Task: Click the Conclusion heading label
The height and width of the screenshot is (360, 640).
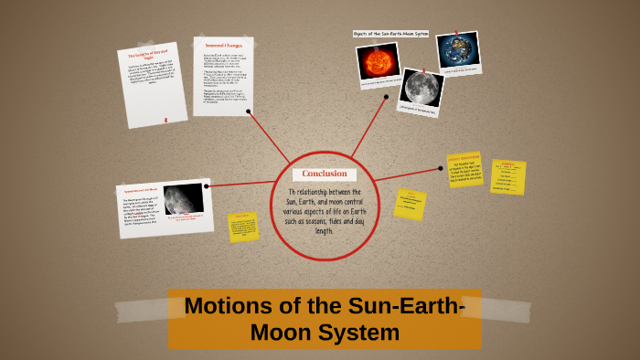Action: tap(325, 174)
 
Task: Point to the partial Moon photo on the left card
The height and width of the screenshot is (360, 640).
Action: tap(183, 198)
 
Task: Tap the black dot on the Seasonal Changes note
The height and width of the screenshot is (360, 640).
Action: tap(250, 111)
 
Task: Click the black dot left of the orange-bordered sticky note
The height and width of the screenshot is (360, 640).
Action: tap(441, 168)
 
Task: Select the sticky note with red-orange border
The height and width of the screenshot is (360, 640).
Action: tap(464, 170)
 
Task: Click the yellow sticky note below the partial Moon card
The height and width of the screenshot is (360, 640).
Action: tap(243, 227)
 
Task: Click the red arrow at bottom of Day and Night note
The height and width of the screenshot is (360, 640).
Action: tap(165, 119)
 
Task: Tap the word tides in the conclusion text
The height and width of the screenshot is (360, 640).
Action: tap(341, 222)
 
